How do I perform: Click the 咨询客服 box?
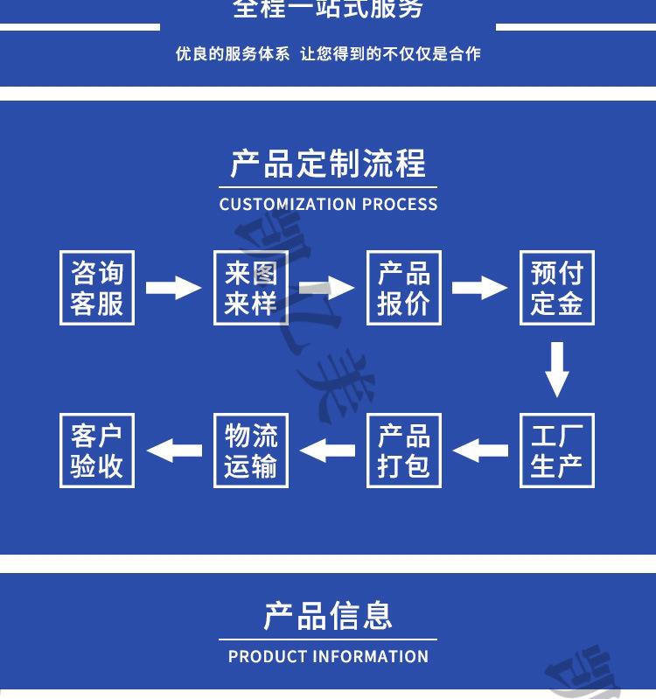[97, 288]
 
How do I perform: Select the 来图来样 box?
[251, 288]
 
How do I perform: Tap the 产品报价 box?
[403, 288]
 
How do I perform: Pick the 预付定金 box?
[556, 288]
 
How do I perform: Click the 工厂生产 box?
[556, 451]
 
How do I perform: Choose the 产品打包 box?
[403, 451]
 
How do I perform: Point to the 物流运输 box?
[251, 451]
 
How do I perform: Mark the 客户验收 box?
[97, 451]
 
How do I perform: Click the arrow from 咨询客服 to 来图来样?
[173, 287]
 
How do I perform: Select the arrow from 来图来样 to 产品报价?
[326, 287]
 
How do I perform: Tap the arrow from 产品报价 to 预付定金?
[479, 287]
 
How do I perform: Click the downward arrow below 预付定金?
[557, 369]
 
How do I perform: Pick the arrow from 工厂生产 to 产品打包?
[480, 451]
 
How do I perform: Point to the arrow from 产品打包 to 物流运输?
[327, 451]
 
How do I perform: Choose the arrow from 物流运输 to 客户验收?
[174, 451]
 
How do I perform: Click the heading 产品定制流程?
[328, 164]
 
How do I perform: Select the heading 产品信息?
[328, 616]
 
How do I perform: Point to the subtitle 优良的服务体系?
[232, 54]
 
